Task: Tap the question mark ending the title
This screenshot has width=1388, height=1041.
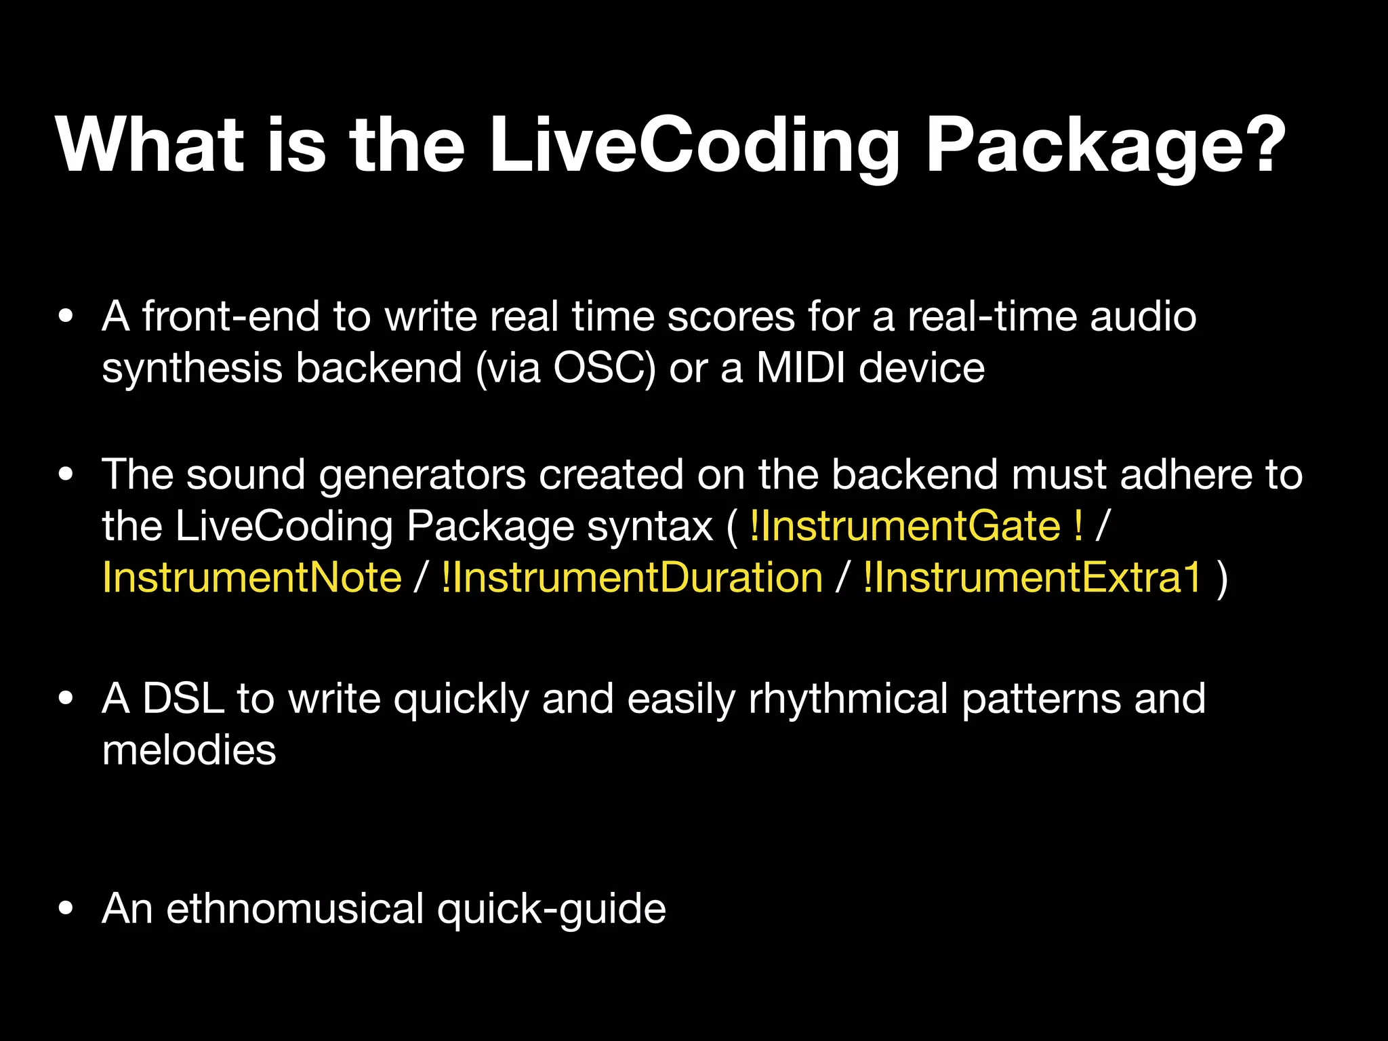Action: coord(1259,144)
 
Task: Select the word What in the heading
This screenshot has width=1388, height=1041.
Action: coord(150,146)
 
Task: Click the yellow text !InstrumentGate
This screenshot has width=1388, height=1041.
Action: coord(905,526)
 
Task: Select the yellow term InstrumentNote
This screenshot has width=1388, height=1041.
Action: coord(252,578)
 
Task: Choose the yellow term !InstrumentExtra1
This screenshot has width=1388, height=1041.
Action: coord(1032,578)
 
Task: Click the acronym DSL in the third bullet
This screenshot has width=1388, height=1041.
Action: coord(183,698)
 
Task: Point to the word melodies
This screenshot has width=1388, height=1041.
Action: coord(189,750)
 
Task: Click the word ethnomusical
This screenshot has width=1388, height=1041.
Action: coord(295,908)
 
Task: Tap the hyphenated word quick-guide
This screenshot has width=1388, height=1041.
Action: coord(551,908)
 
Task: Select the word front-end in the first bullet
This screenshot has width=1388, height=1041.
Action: coord(230,317)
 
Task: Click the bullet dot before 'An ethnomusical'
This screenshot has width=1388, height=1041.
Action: coord(66,909)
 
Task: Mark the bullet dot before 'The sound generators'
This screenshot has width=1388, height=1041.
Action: coord(66,474)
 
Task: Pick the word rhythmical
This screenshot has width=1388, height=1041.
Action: coord(848,698)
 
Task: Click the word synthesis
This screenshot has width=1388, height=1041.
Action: coord(192,368)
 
